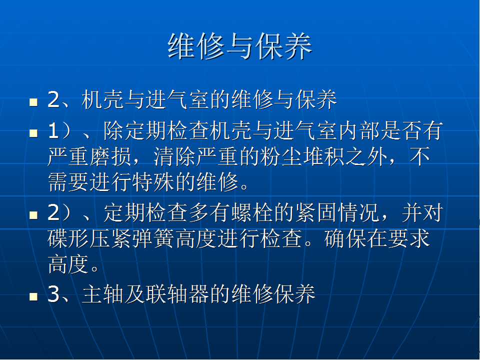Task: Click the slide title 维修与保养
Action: pos(239,46)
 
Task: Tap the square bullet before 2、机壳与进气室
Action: pos(33,102)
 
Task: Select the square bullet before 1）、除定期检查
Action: pos(33,133)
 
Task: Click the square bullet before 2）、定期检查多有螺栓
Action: pos(33,215)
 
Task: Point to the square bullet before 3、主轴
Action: pos(33,296)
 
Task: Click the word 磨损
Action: pos(111,156)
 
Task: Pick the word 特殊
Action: pos(153,183)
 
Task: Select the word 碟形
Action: pos(68,238)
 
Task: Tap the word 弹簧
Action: pos(153,238)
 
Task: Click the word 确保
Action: pos(345,238)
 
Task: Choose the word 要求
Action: pos(408,238)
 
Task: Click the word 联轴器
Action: pos(177,294)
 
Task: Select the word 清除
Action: pos(174,156)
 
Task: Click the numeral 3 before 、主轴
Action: pos(53,294)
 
